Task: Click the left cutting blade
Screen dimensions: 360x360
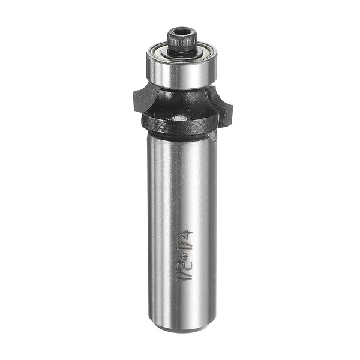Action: click(x=139, y=98)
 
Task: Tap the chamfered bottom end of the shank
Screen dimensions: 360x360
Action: click(x=181, y=328)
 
